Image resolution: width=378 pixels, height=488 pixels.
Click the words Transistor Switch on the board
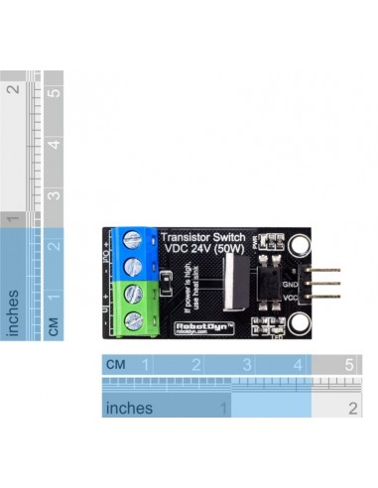tap(203, 236)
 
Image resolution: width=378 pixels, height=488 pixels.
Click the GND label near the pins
tap(290, 282)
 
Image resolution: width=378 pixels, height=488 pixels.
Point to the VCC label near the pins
tap(290, 297)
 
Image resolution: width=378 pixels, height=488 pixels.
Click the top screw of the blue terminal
tap(132, 242)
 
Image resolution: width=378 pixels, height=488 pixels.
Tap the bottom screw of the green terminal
tap(132, 319)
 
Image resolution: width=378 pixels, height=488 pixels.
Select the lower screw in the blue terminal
tap(132, 266)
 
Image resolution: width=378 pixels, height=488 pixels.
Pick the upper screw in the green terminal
tap(132, 295)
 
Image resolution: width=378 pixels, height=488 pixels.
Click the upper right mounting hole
tap(301, 243)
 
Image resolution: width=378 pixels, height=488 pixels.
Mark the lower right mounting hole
tap(301, 323)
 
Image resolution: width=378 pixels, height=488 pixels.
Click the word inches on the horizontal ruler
tap(129, 408)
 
